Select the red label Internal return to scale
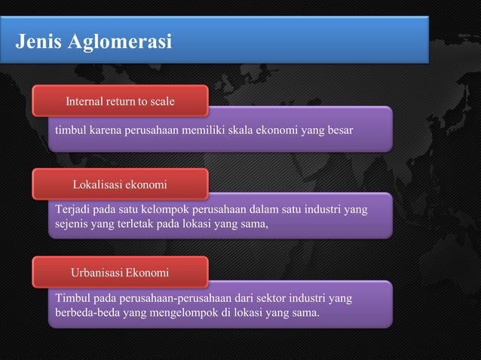point(120,100)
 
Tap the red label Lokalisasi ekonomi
point(120,184)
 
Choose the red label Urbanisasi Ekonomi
point(120,270)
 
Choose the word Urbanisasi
point(97,270)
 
